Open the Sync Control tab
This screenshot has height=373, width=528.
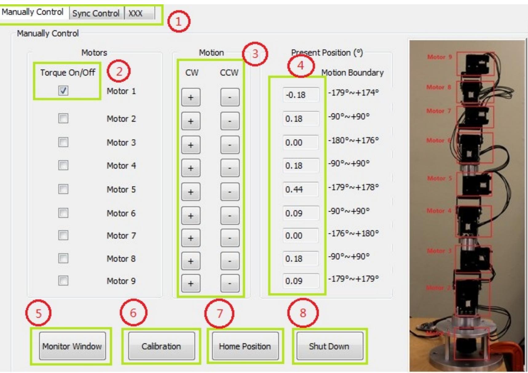pos(96,14)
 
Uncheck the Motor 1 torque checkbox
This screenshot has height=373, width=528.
pos(63,90)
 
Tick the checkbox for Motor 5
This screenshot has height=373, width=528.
pos(63,189)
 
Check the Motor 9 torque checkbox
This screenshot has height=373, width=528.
pos(63,281)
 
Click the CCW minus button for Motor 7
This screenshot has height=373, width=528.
pos(230,238)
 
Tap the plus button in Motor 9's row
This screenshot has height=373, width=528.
pos(191,283)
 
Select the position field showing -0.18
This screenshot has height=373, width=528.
pos(300,95)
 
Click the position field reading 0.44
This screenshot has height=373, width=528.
pos(300,189)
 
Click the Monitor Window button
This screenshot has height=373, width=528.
pos(72,346)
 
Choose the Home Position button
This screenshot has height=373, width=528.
pos(245,346)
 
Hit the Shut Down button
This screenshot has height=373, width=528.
pos(329,346)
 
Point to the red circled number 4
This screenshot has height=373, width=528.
pos(301,65)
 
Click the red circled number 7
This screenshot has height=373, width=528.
pos(219,313)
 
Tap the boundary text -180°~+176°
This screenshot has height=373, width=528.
pos(353,141)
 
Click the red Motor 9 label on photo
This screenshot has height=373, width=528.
pos(439,57)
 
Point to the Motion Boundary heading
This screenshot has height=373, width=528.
pos(352,73)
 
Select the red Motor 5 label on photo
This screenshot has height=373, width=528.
pos(439,178)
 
